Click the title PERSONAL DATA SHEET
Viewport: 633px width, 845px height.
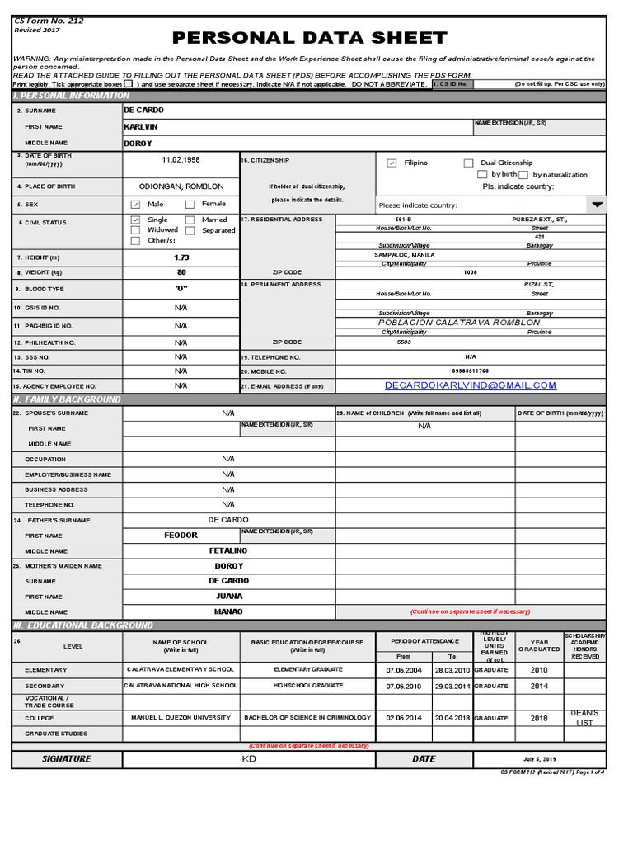(x=309, y=38)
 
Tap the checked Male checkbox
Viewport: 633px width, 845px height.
(x=136, y=204)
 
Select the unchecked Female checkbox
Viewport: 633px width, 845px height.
(x=190, y=204)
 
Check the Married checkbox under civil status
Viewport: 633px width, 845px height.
(x=190, y=220)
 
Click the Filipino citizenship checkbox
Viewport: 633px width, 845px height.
(x=392, y=163)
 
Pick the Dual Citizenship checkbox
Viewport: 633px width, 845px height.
(x=468, y=163)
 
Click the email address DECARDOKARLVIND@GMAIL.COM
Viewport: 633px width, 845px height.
(x=470, y=385)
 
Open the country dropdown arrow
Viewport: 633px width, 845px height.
(x=598, y=204)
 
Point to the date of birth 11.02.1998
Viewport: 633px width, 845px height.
(x=181, y=160)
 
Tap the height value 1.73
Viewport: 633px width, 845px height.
(x=181, y=257)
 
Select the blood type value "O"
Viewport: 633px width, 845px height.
(x=181, y=289)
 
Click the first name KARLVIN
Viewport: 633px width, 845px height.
(x=140, y=127)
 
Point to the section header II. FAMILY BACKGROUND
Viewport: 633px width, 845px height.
(x=67, y=399)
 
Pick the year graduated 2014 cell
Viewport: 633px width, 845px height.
(x=539, y=686)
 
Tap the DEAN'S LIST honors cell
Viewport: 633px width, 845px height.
(x=584, y=718)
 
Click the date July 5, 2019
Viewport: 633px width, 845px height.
(x=540, y=758)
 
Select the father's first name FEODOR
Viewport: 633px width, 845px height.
(x=181, y=536)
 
